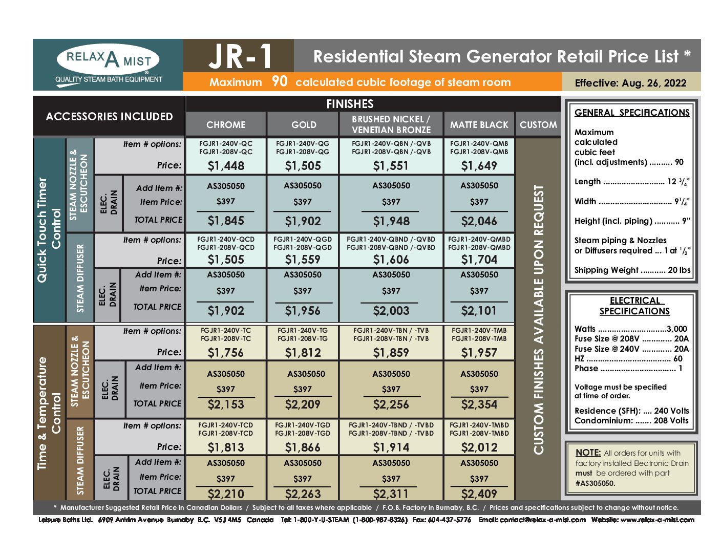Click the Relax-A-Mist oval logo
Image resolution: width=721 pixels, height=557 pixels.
point(108,59)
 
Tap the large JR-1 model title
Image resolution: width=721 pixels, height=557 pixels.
point(240,56)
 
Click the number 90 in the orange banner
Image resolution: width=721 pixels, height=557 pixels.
point(280,81)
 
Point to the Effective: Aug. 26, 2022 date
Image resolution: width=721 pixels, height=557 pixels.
point(630,82)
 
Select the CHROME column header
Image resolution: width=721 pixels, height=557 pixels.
point(226,124)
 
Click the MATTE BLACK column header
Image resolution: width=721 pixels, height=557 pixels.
point(479,124)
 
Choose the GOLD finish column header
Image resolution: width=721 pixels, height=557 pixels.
point(304,124)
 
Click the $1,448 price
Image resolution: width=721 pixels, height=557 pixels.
point(226,165)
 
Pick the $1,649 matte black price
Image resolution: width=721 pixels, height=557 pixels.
point(479,165)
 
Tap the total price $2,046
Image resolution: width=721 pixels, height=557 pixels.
point(479,221)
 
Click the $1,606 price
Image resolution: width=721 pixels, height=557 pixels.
point(391,260)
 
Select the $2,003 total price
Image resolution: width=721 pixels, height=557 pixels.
point(391,311)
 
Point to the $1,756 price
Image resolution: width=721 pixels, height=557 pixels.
point(226,352)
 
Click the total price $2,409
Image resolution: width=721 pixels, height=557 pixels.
point(479,494)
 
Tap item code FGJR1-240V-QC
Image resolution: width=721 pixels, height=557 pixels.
point(226,143)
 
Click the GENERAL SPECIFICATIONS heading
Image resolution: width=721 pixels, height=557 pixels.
point(632,113)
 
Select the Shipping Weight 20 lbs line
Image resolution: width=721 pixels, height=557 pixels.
point(632,270)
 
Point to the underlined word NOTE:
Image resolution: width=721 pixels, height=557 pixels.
point(588,453)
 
